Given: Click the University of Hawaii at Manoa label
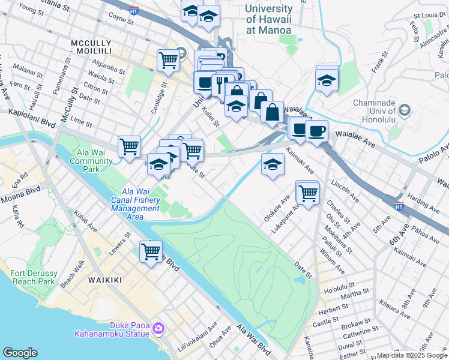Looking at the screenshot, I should (268, 19).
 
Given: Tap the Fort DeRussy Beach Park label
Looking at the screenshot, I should (33, 277).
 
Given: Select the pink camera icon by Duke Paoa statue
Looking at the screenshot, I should (158, 328).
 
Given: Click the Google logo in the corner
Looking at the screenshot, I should (20, 352).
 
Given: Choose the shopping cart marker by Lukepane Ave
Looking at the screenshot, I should (307, 193).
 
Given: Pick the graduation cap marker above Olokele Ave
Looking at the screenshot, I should (272, 164).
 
